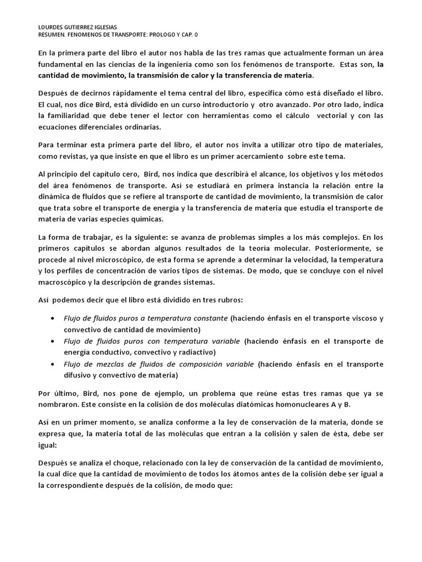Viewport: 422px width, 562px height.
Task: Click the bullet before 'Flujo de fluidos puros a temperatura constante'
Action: (52, 318)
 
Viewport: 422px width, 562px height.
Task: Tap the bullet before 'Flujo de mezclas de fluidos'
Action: (52, 364)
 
